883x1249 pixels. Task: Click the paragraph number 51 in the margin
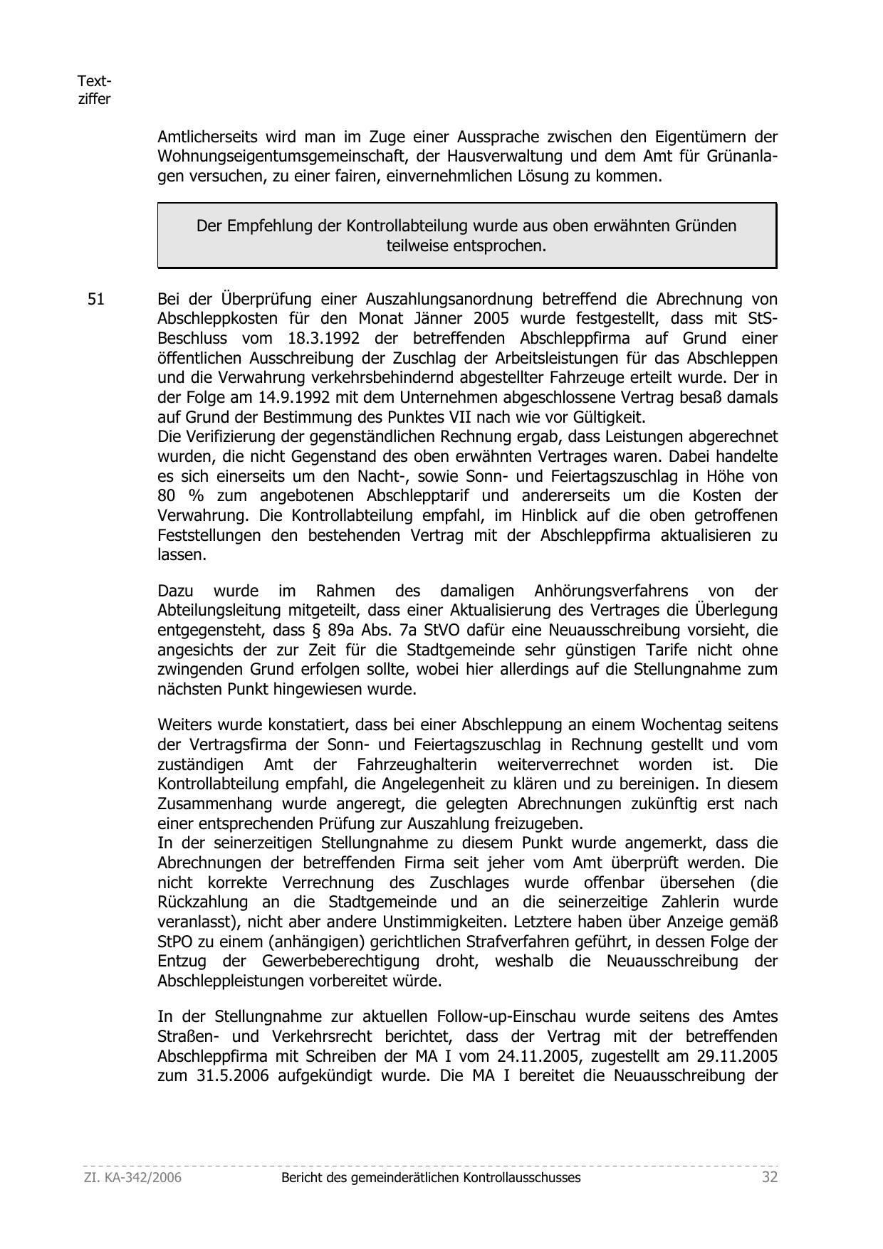[95, 300]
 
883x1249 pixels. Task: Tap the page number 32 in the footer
[770, 1177]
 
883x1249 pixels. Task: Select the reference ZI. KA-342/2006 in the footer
[132, 1178]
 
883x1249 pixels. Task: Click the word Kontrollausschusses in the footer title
[522, 1178]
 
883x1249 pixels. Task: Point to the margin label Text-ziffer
[94, 90]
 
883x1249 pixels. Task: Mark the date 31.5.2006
[232, 1075]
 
